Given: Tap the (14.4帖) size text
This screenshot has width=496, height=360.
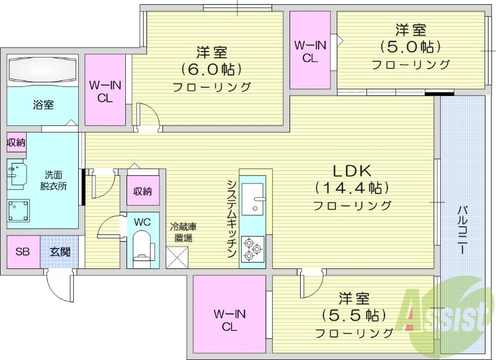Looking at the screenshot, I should (352, 187).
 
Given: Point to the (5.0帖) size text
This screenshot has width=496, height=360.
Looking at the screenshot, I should (410, 46).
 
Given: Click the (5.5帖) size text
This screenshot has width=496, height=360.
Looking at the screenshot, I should (353, 315).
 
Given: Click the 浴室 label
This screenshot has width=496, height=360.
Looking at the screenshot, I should (43, 105).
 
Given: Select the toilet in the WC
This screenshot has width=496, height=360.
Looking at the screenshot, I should (143, 246).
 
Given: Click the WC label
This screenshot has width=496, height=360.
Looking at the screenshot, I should (142, 221).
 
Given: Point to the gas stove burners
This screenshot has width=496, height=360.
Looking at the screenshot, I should (252, 249).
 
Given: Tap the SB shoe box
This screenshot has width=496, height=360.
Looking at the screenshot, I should (23, 252).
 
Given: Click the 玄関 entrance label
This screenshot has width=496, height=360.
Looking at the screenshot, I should (60, 252).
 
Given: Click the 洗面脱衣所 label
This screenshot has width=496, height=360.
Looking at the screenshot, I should (55, 180).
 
